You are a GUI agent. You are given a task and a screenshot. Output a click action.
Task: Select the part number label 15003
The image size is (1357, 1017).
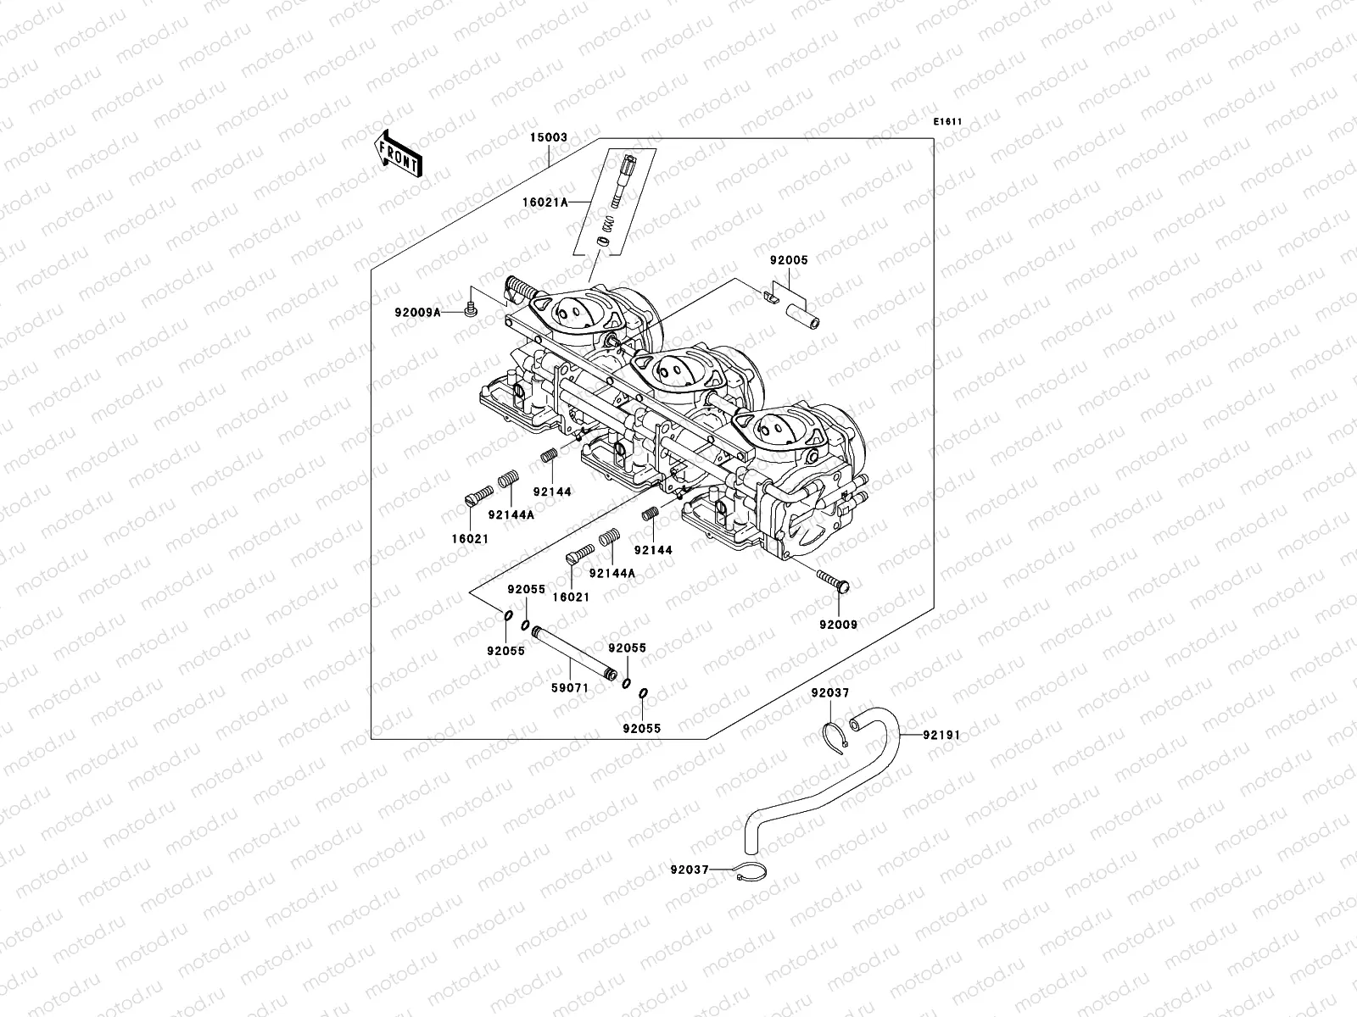coord(549,136)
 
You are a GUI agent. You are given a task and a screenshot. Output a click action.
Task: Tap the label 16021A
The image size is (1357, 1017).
coord(569,202)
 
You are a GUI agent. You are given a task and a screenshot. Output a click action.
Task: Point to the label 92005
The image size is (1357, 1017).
coord(789,261)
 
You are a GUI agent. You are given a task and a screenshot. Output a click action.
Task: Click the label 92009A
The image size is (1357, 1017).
coord(417,312)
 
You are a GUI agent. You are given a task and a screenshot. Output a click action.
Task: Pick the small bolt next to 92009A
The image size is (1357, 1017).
coord(472,309)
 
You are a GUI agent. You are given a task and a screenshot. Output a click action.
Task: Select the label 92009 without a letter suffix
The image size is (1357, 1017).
coord(838,625)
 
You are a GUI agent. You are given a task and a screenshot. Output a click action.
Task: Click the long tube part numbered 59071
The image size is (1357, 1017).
coord(571,653)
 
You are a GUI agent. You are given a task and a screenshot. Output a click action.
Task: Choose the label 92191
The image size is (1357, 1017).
coord(942,735)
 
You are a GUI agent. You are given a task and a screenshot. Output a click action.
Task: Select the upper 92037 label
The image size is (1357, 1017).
coord(829,692)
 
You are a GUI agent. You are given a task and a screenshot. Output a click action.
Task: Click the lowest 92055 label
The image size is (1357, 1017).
coord(641,728)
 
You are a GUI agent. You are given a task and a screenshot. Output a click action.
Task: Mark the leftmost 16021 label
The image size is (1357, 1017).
coord(469,538)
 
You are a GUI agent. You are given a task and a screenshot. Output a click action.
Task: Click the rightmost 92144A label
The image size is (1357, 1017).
coord(611,573)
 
